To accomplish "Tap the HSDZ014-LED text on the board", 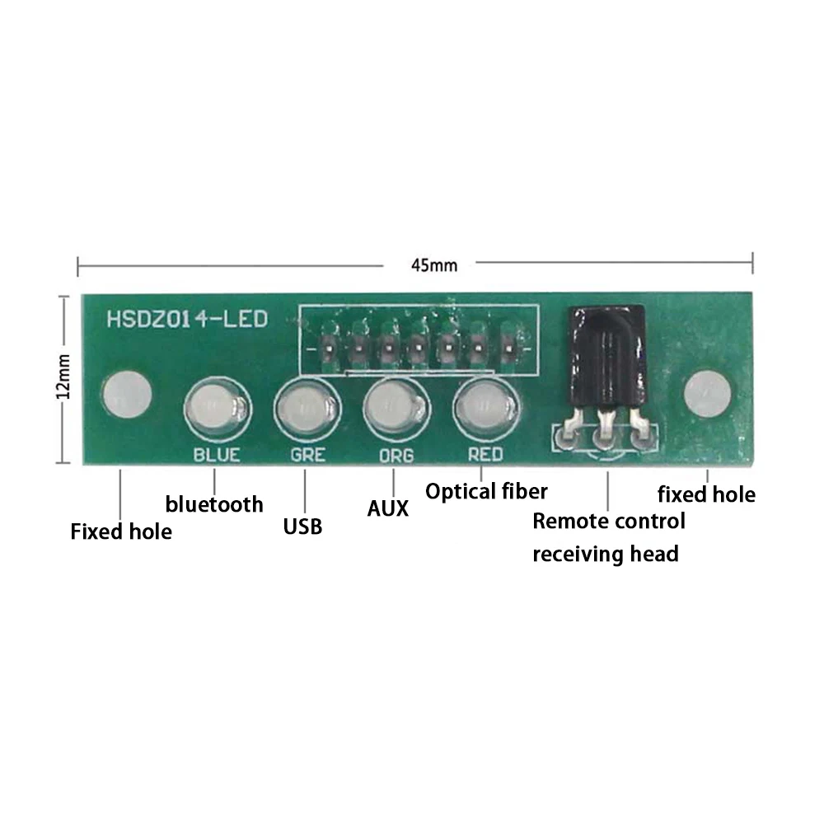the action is tap(187, 319).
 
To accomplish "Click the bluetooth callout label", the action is tap(214, 503).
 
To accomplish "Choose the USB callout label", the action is tap(302, 526).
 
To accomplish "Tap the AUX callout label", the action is tap(387, 508).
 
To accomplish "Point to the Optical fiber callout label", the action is tap(486, 492).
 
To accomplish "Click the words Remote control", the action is tap(608, 521).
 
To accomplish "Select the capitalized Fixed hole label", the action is tap(121, 531).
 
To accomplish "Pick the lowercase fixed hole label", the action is tap(706, 494).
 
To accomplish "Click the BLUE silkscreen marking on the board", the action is tap(216, 454).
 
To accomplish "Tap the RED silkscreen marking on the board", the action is tap(485, 453).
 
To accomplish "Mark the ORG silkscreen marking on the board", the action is tap(396, 455).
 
